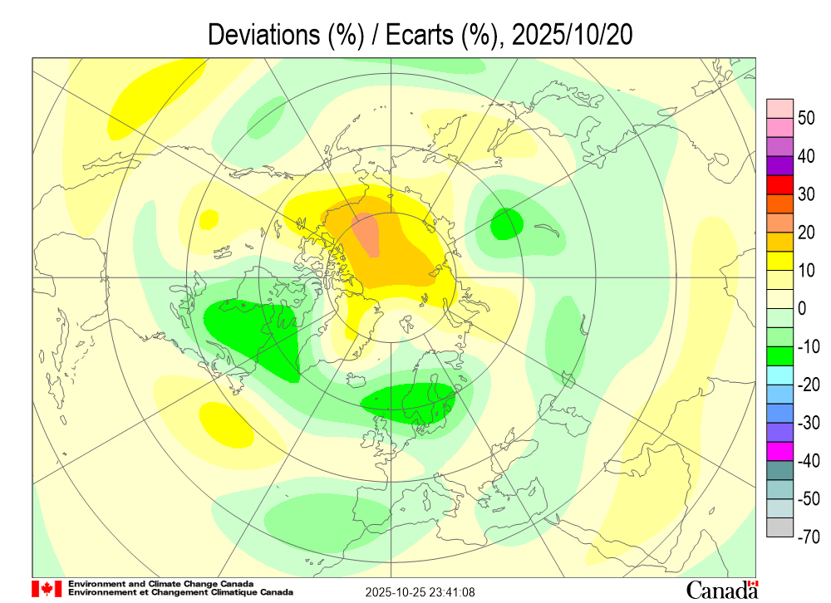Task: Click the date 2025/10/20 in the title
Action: (x=574, y=35)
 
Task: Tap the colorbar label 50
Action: (x=806, y=118)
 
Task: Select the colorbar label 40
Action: (x=806, y=156)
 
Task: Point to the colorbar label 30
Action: (x=806, y=194)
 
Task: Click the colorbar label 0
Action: (x=802, y=309)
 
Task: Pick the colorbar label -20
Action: (x=809, y=385)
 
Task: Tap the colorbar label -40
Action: (x=809, y=461)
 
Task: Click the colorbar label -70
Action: (x=809, y=537)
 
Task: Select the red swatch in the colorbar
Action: (x=780, y=184)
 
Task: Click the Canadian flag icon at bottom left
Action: (x=47, y=589)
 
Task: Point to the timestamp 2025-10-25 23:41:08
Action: (x=421, y=592)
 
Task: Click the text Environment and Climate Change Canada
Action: (x=161, y=584)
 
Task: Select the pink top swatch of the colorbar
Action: (x=780, y=108)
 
